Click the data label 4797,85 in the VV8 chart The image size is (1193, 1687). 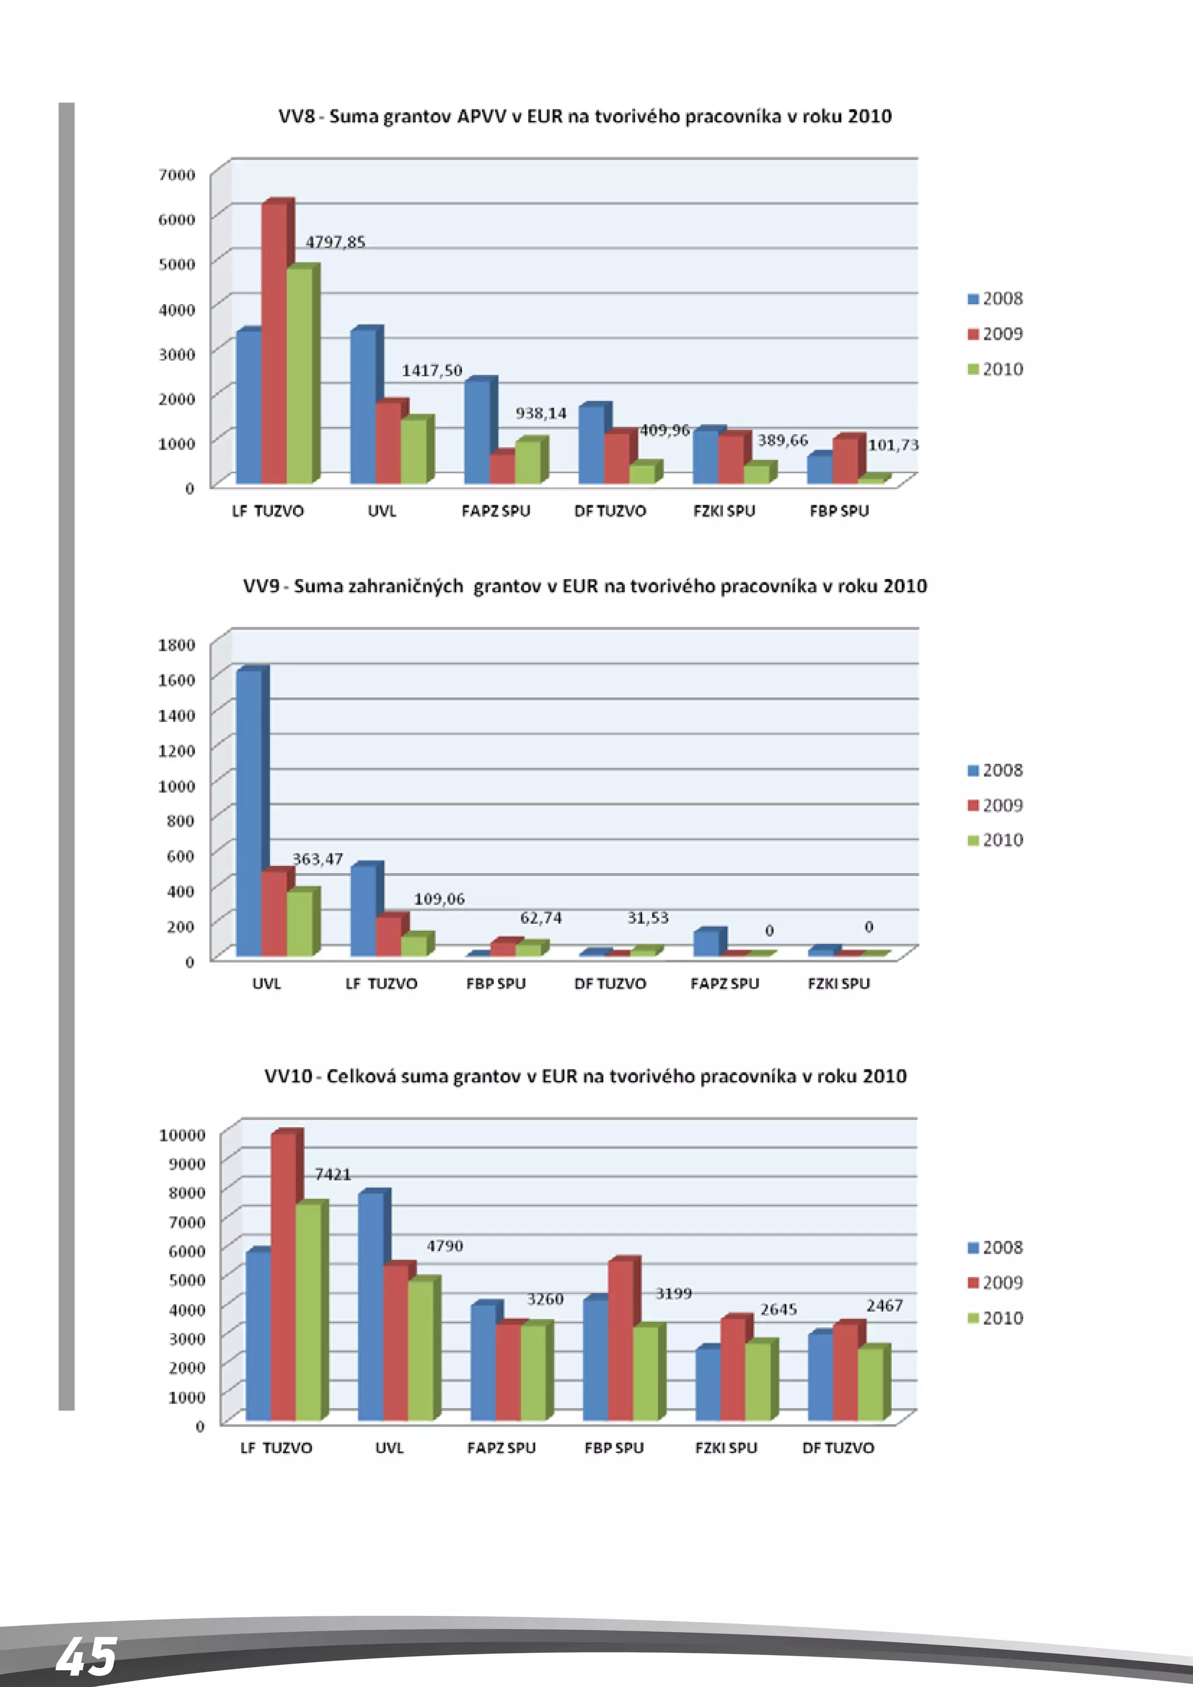[x=335, y=242]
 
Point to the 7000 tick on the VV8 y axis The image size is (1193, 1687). [x=177, y=175]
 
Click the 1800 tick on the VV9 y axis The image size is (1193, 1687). [x=177, y=645]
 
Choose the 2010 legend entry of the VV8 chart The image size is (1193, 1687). [x=996, y=369]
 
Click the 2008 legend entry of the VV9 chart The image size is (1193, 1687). [x=996, y=771]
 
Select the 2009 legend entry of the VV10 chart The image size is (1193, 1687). [x=996, y=1283]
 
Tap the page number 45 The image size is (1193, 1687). [x=87, y=1658]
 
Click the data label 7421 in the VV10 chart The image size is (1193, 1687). [x=333, y=1174]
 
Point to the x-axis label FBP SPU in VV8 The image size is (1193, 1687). [x=839, y=511]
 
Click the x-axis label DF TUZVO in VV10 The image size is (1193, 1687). [x=838, y=1448]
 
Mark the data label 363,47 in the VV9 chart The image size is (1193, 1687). [x=317, y=859]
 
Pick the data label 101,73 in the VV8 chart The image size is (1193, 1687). [x=893, y=445]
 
